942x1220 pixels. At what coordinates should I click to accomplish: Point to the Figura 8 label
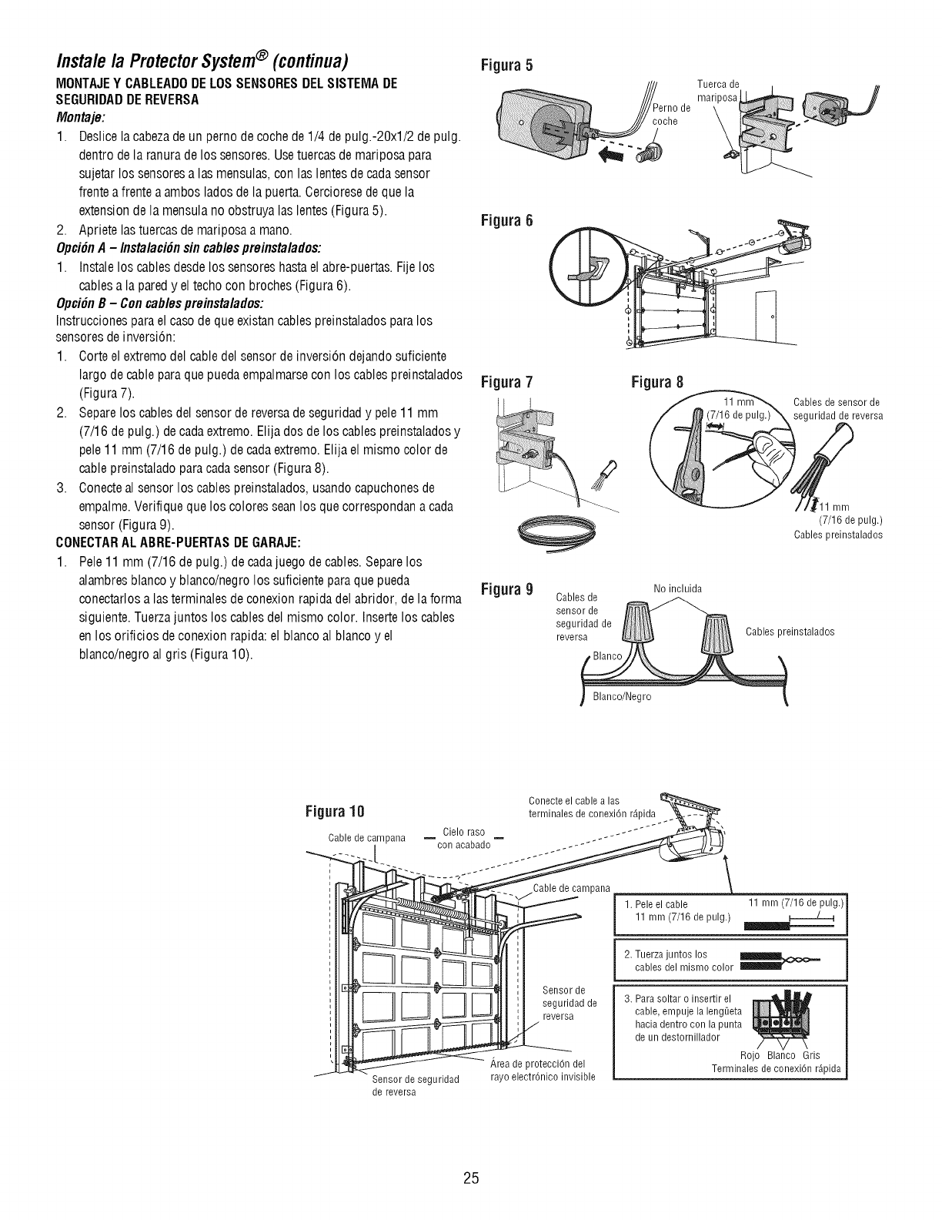click(656, 382)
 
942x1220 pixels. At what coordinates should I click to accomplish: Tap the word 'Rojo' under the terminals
click(749, 1055)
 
